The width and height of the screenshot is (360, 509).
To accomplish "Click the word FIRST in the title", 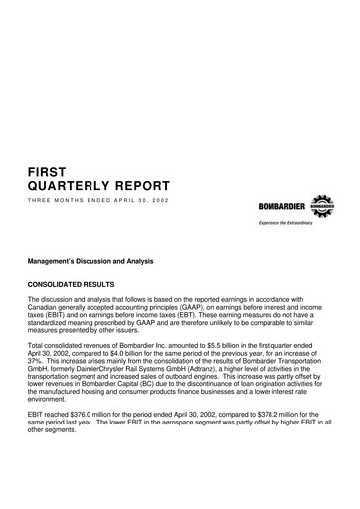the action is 51,170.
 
